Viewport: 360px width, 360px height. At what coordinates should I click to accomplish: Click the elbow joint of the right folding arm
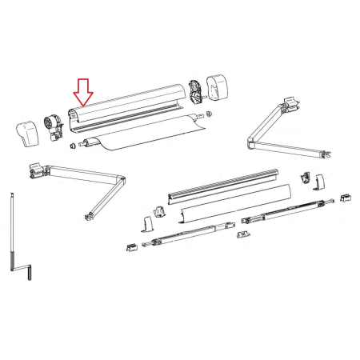click(x=250, y=144)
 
